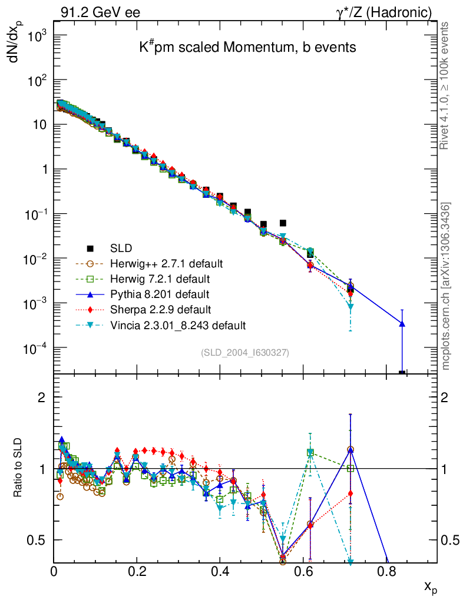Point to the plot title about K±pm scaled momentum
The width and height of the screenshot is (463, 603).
247,47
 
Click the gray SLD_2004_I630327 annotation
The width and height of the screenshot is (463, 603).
245,353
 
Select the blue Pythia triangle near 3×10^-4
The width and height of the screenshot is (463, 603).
402,323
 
